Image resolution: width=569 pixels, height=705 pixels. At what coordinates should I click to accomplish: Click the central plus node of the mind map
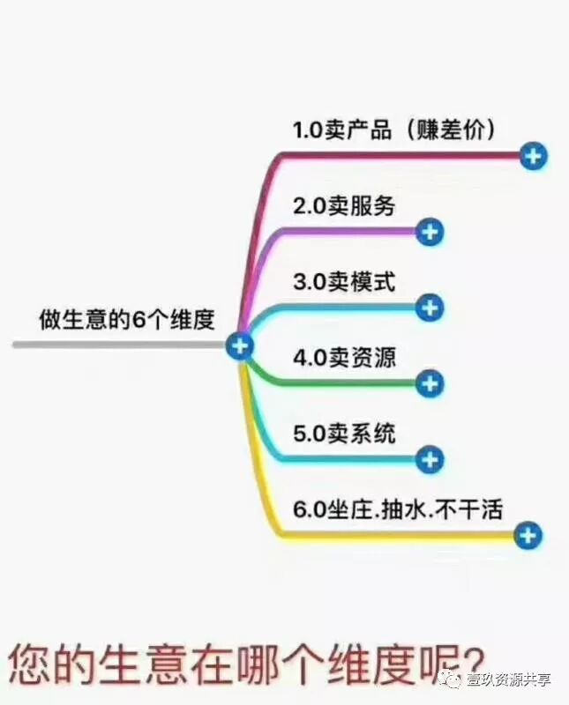pyautogui.click(x=239, y=345)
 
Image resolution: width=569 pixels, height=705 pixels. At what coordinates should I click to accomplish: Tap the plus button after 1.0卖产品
pyautogui.click(x=533, y=157)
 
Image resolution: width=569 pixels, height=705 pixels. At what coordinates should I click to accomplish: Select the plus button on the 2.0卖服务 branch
pyautogui.click(x=429, y=232)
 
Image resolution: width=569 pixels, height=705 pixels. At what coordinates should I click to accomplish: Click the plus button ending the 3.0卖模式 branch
pyautogui.click(x=429, y=308)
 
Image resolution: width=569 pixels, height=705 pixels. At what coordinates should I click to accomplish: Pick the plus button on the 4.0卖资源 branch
pyautogui.click(x=429, y=383)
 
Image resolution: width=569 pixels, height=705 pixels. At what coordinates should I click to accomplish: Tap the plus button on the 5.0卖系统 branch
pyautogui.click(x=429, y=459)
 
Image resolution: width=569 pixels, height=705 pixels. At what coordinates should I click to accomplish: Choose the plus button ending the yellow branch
pyautogui.click(x=528, y=534)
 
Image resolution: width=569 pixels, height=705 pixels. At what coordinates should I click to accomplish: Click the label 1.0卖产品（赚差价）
pyautogui.click(x=394, y=130)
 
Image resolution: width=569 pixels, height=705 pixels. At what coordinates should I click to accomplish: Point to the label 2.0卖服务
pyautogui.click(x=344, y=206)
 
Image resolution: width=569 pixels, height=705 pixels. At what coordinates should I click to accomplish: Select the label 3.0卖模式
pyautogui.click(x=344, y=282)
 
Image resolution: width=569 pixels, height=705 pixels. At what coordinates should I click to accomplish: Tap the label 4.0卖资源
pyautogui.click(x=344, y=358)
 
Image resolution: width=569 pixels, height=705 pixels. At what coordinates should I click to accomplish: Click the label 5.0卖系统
pyautogui.click(x=344, y=434)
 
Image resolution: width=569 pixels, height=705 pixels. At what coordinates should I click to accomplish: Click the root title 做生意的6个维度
pyautogui.click(x=127, y=319)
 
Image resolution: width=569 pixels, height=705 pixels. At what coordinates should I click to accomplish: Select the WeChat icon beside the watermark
pyautogui.click(x=453, y=679)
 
